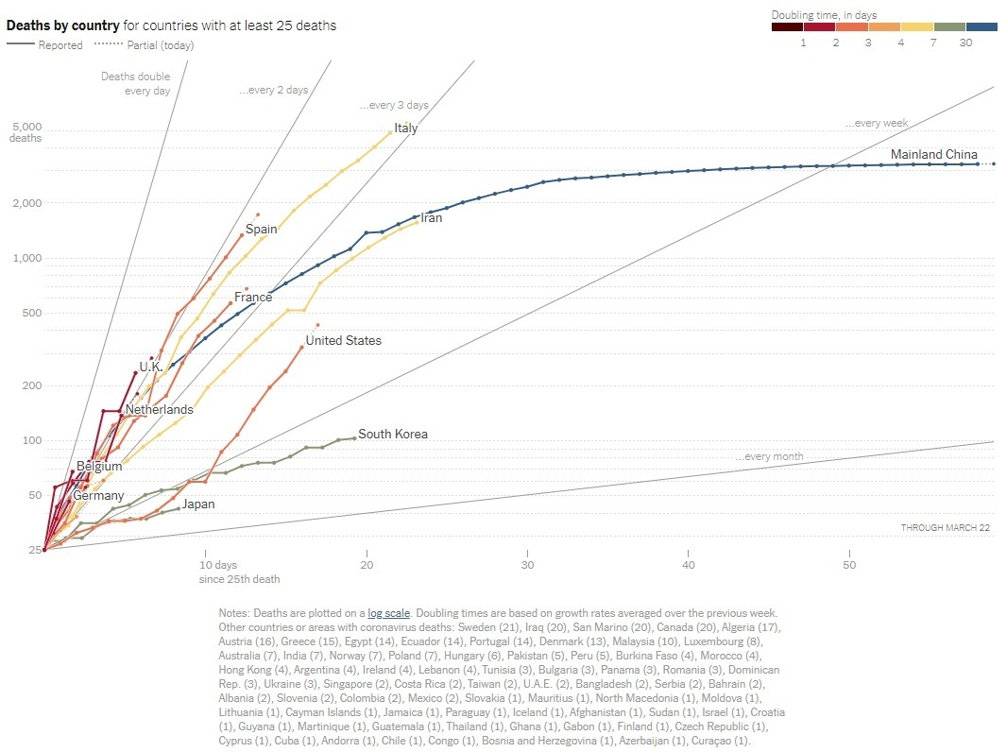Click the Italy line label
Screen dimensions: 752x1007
click(406, 128)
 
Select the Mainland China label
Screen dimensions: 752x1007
click(933, 155)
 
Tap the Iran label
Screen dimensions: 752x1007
click(431, 218)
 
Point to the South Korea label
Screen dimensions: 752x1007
click(392, 435)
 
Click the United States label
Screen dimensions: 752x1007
click(343, 341)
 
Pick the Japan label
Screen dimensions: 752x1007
click(198, 504)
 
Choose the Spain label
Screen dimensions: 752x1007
click(262, 230)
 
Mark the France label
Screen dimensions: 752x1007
click(253, 298)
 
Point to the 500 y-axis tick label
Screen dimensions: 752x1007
click(31, 314)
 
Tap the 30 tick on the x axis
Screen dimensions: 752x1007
click(527, 565)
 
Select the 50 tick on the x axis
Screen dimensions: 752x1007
click(849, 565)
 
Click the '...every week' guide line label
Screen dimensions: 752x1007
click(876, 124)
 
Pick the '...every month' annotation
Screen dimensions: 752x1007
click(769, 457)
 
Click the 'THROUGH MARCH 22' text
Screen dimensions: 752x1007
click(945, 527)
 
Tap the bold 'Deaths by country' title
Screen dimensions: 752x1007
click(62, 26)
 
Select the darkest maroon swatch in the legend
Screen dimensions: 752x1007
click(787, 27)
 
